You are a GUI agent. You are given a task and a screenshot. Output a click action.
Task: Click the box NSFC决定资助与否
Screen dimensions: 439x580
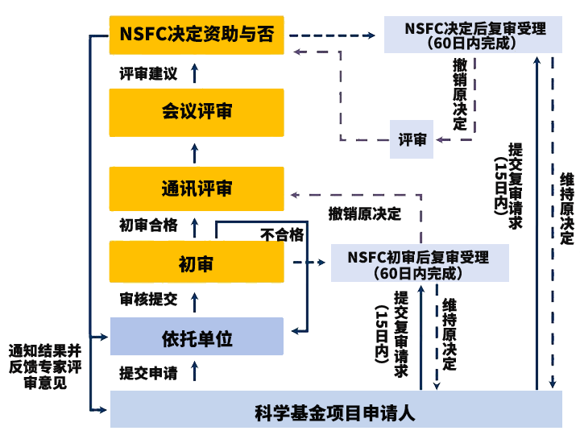pos(197,35)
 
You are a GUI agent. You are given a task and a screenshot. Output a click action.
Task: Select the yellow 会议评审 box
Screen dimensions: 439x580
pos(197,112)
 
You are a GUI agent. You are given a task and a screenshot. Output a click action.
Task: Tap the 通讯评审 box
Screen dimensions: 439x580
pos(197,189)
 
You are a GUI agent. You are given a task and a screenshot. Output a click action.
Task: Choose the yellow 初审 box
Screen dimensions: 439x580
pos(197,263)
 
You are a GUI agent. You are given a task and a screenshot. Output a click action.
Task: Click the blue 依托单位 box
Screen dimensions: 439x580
pos(197,338)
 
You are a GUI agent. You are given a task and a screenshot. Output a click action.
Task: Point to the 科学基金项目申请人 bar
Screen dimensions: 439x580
pos(335,413)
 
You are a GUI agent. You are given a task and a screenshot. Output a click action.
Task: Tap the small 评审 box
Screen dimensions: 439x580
pos(412,140)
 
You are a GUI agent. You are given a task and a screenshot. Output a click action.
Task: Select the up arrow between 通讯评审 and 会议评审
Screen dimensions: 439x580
pos(193,150)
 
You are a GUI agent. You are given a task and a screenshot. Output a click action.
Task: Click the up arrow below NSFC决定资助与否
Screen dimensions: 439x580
pos(193,72)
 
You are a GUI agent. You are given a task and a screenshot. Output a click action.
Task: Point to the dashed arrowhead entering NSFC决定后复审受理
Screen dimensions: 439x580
pos(371,35)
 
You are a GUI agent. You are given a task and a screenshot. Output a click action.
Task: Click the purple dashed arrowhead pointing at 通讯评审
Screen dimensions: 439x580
pos(293,195)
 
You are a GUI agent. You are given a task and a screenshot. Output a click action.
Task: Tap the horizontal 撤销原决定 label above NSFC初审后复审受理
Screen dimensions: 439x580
pos(364,213)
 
